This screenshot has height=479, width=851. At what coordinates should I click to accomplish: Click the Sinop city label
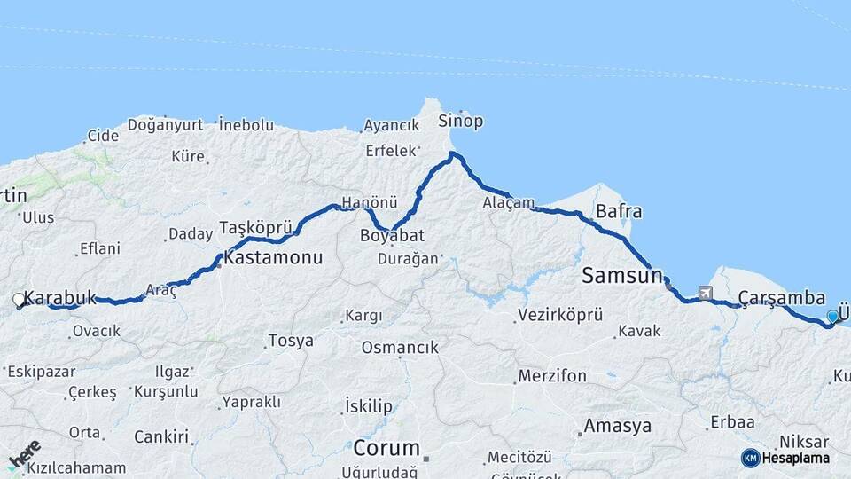(461, 122)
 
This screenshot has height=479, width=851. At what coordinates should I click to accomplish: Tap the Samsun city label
(622, 276)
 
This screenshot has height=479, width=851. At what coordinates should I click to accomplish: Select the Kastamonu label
(273, 258)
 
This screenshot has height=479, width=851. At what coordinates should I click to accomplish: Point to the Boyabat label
(392, 236)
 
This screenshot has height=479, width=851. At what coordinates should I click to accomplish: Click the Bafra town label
(619, 212)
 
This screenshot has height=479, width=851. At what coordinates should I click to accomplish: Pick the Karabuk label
(60, 297)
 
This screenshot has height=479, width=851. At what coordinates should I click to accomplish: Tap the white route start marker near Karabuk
(19, 301)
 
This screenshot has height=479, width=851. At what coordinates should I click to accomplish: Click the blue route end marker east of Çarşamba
(831, 317)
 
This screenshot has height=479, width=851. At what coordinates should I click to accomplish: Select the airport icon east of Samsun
(706, 293)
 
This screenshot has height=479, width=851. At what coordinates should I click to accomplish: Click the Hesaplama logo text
(795, 458)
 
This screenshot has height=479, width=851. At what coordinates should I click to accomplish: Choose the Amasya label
(617, 426)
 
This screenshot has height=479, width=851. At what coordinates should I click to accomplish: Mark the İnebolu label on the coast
(246, 125)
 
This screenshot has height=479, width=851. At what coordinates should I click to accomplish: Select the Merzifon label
(552, 376)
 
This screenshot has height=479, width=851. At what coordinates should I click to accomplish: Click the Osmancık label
(400, 348)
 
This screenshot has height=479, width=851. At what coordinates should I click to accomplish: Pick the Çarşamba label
(781, 300)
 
